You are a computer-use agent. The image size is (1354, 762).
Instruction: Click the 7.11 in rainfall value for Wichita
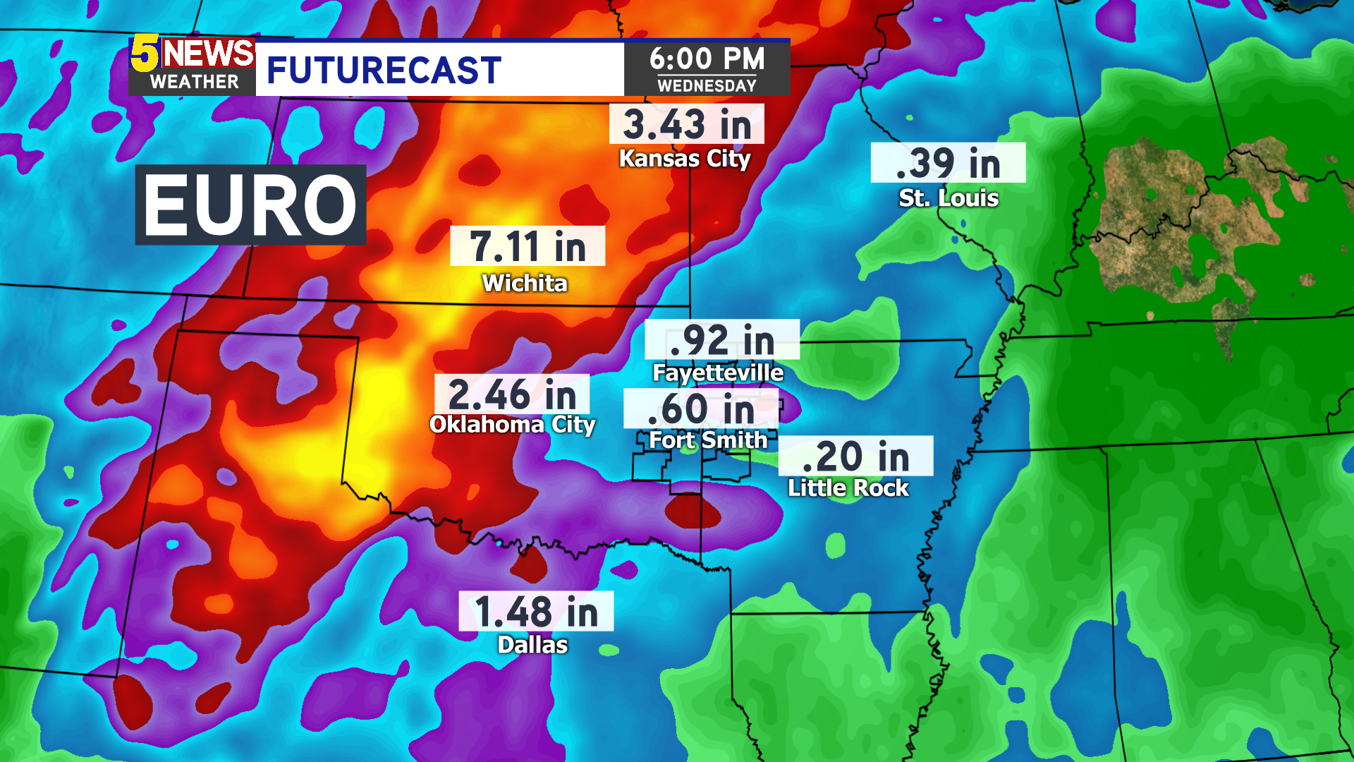[x=527, y=246]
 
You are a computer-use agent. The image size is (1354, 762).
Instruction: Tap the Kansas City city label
[x=684, y=159]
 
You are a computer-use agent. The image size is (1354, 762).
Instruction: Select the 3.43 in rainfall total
[x=686, y=124]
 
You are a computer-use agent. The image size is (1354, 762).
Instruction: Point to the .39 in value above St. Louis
[x=948, y=163]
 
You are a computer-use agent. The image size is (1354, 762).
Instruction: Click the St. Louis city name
[x=948, y=198]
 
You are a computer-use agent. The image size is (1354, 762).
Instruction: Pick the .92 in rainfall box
[x=721, y=340]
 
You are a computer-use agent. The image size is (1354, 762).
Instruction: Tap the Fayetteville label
[x=717, y=373]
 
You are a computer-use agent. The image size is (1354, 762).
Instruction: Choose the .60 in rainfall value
[x=701, y=409]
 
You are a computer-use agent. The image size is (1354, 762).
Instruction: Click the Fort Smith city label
[x=707, y=440]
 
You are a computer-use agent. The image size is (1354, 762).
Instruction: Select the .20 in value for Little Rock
[x=855, y=456]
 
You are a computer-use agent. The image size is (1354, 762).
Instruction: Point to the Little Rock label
[x=848, y=488]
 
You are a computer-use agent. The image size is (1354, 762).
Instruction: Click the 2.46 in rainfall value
[x=512, y=394]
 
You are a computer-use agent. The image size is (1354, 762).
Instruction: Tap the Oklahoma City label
[x=512, y=425]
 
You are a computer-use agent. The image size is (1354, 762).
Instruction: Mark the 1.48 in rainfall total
[x=536, y=611]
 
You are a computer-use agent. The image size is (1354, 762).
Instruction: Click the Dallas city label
[x=532, y=645]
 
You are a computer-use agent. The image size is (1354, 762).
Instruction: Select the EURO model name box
[x=250, y=205]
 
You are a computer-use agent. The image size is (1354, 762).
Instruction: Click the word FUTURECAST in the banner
[x=384, y=70]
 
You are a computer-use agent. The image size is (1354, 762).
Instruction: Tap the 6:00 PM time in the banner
[x=707, y=59]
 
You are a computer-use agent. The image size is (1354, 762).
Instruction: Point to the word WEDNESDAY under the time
[x=707, y=86]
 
